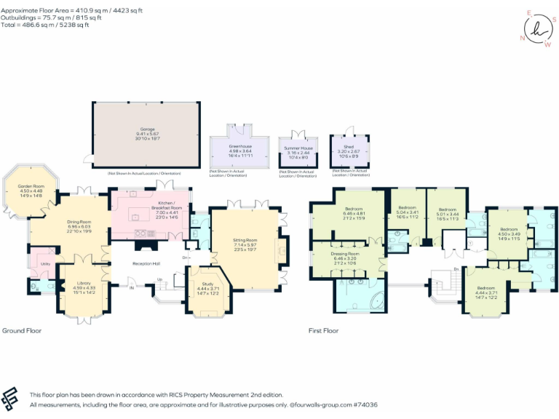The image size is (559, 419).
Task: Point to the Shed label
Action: pos(349,146)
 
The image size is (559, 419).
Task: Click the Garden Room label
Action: pos(31,187)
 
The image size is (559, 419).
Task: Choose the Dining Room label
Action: pos(79,222)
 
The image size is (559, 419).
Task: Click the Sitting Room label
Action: pos(245,240)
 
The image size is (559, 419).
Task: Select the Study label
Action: pos(208,284)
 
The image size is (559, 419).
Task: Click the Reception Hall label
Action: pos(146,263)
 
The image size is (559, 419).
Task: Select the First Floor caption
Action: pos(324,331)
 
